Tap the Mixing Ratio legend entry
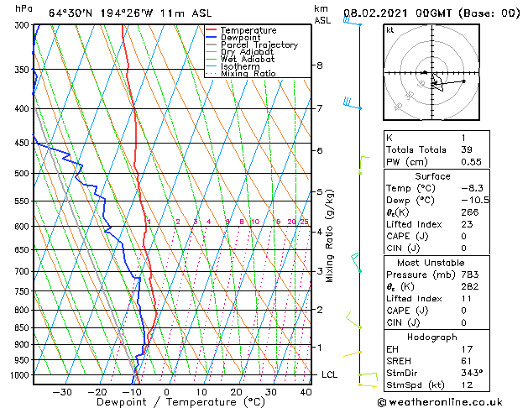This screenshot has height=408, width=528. [x=248, y=74]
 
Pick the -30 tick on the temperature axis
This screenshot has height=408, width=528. [x=61, y=392]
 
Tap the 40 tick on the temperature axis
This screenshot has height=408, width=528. [x=306, y=392]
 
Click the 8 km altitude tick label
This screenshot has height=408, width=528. [x=320, y=65]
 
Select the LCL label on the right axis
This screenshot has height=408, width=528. [x=330, y=374]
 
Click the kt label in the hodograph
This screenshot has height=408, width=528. [x=390, y=30]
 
